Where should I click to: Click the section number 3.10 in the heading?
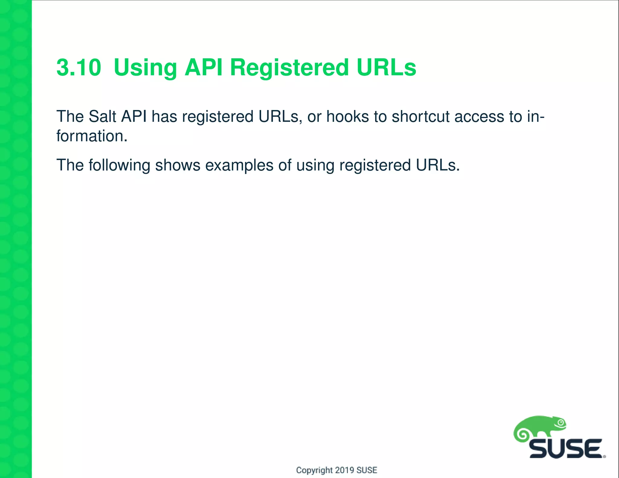(x=79, y=67)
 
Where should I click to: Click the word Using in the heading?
(x=145, y=68)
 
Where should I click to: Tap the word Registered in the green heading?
(x=289, y=68)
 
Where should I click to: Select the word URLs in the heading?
(x=386, y=67)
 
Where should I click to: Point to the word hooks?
(x=348, y=117)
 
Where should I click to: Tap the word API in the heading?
(x=203, y=67)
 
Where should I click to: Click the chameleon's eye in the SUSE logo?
(x=561, y=423)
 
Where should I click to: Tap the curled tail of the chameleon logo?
(x=522, y=435)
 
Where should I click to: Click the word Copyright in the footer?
(x=314, y=470)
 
